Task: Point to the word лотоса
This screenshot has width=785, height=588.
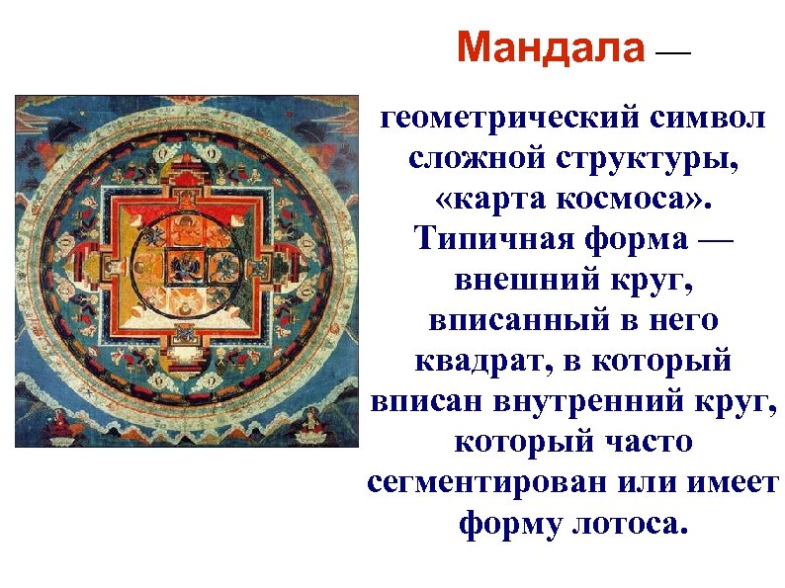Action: [624, 522]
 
